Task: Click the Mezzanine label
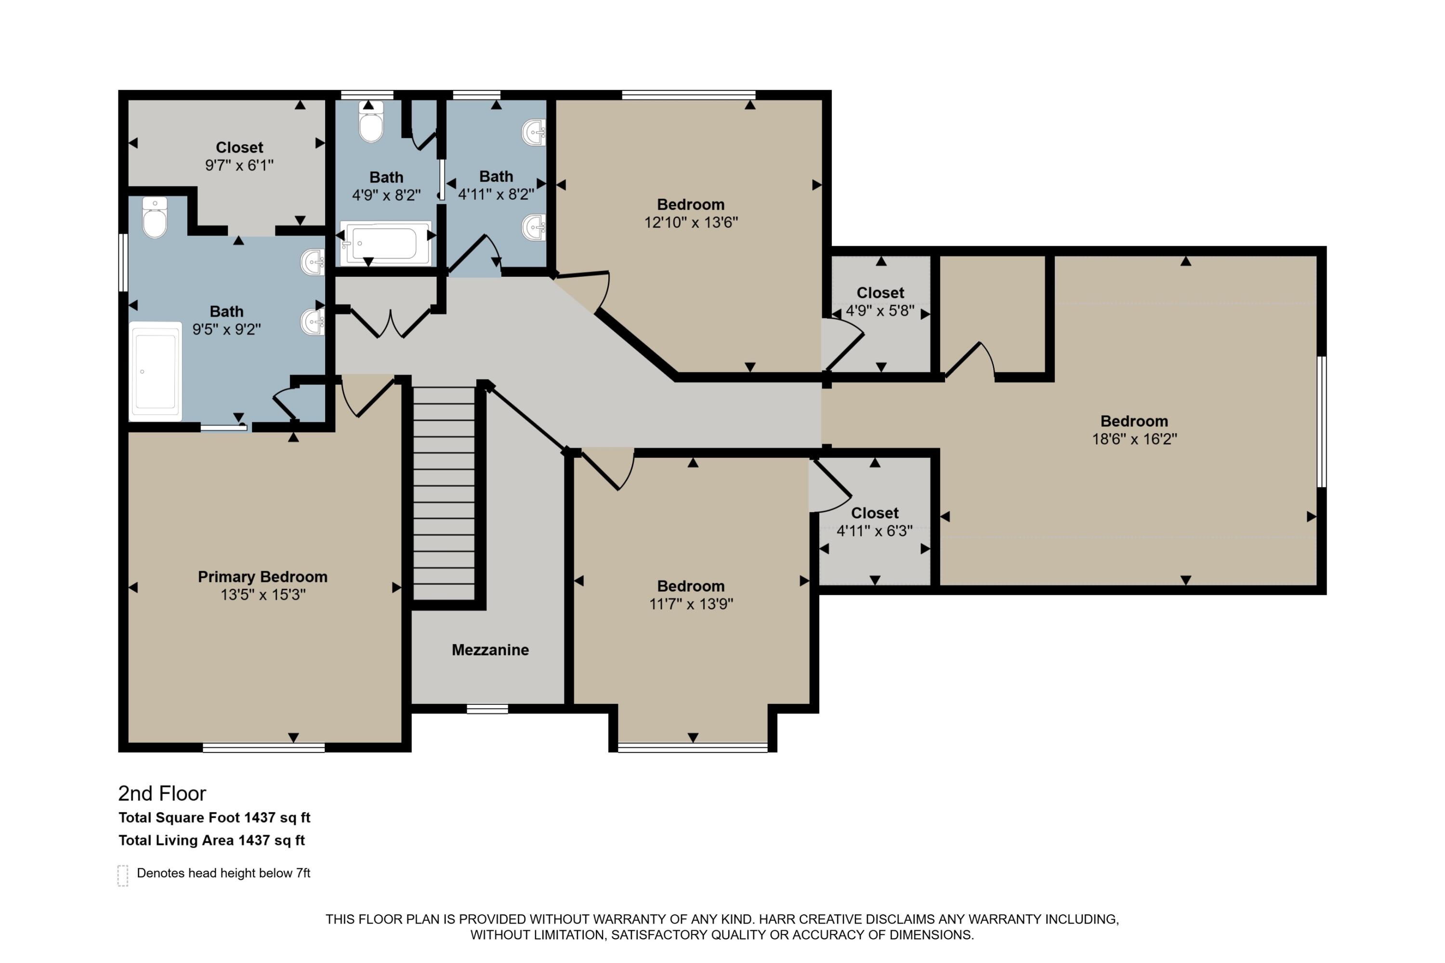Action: pos(490,650)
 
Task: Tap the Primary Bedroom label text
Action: pos(263,577)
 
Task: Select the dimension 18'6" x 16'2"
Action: pos(1134,439)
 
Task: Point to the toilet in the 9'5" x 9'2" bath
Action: pos(154,218)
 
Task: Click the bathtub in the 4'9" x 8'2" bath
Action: pos(386,243)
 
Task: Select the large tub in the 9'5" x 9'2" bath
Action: pos(156,372)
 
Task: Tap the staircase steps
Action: pos(444,491)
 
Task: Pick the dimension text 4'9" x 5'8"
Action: pos(880,311)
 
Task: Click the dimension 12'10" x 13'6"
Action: pos(691,222)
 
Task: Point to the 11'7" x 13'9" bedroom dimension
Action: pos(691,604)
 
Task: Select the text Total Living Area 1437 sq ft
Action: pos(211,840)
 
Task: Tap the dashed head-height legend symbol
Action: pos(123,876)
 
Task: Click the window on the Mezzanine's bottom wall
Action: pos(487,709)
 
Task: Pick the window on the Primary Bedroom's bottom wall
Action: pos(263,747)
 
